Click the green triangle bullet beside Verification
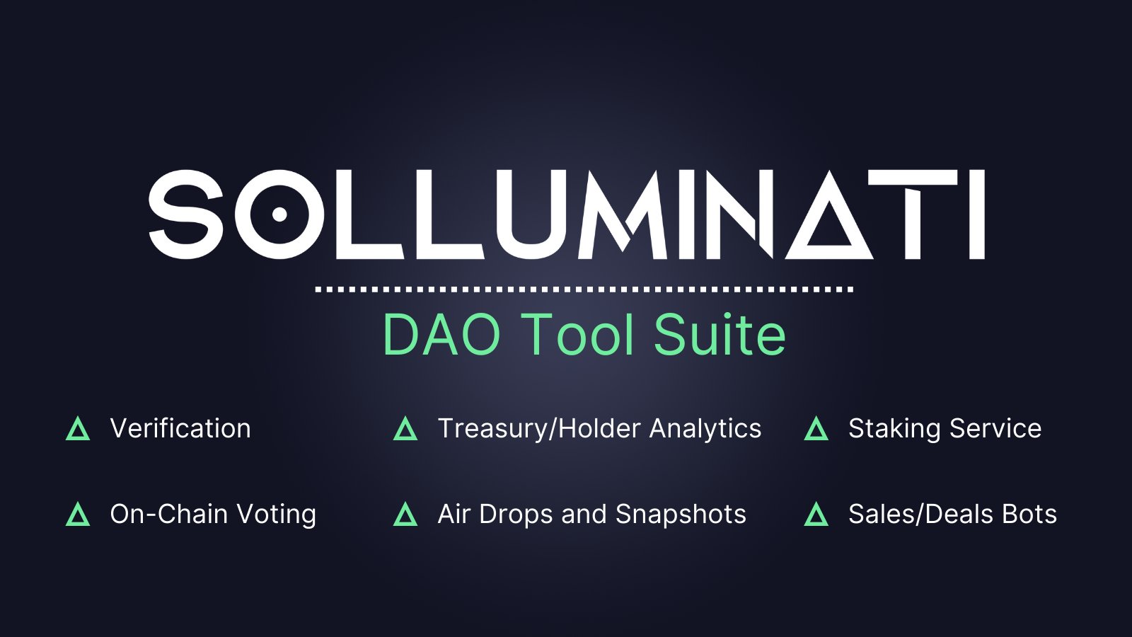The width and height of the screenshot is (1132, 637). tap(78, 430)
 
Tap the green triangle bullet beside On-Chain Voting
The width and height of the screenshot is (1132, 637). tap(78, 515)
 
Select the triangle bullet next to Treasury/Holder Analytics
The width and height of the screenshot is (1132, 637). tap(405, 430)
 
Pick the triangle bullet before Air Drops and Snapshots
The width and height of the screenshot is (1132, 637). tap(405, 515)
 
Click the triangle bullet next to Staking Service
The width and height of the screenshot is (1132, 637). tap(816, 430)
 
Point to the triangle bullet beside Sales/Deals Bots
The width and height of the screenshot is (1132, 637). tap(816, 515)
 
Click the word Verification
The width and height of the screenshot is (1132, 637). tap(180, 429)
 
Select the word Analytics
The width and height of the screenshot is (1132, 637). tap(705, 429)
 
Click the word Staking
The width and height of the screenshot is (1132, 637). tap(895, 429)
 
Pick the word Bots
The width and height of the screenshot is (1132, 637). tap(1029, 515)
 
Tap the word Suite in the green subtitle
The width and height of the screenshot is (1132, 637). tap(720, 334)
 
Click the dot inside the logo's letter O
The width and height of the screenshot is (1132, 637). tap(279, 214)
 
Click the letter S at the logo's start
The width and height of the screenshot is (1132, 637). tap(186, 214)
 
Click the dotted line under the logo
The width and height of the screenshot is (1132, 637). tap(584, 289)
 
